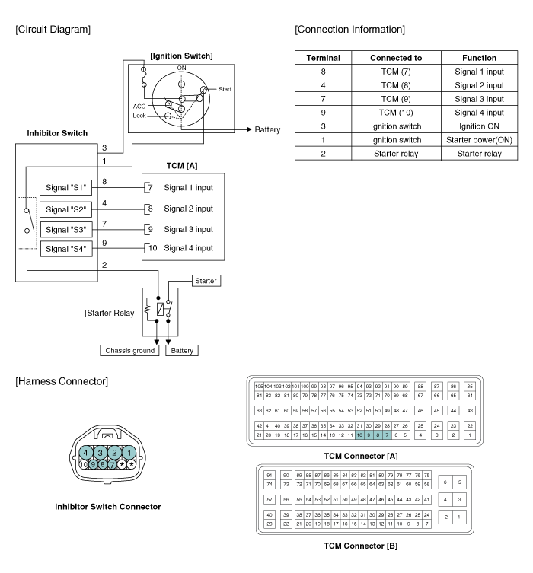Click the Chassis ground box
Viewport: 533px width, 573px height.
129,351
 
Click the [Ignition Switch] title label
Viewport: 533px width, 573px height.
180,56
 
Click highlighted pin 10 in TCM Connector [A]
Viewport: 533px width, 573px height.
359,435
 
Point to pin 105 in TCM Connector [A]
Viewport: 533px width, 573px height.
259,387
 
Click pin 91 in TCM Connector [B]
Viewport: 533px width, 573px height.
269,476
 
